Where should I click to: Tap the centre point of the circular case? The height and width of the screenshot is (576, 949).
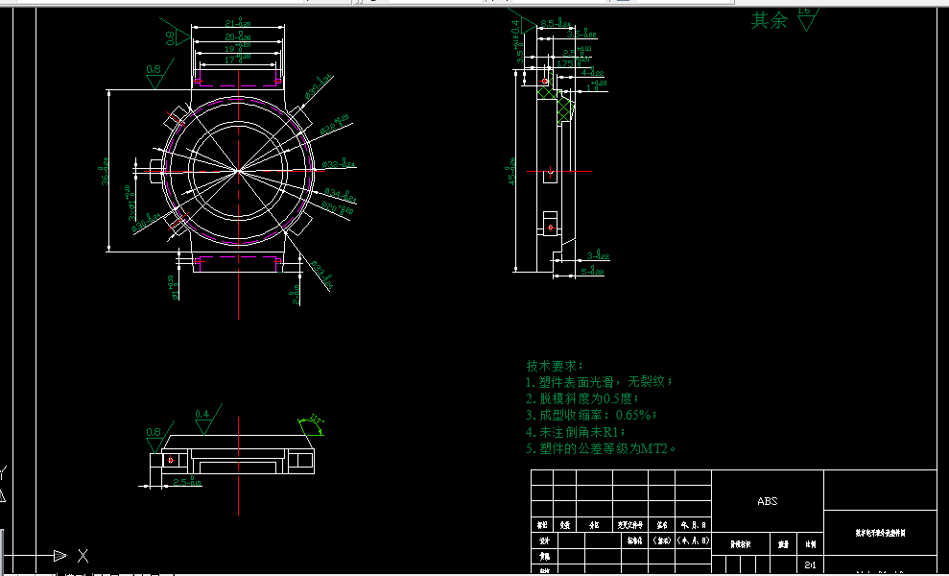(238, 171)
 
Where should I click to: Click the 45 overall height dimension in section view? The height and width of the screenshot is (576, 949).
(512, 175)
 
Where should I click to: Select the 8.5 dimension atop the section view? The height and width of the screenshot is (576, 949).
(555, 23)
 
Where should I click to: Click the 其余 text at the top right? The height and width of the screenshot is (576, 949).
(769, 20)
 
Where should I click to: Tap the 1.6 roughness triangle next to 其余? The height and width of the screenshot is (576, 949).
(805, 18)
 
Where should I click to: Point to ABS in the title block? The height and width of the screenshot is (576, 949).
(768, 501)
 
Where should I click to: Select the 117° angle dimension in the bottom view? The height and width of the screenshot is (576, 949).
(314, 420)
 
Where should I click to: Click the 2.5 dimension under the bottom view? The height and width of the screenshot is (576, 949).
(188, 482)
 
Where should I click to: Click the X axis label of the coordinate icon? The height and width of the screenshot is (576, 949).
(83, 555)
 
